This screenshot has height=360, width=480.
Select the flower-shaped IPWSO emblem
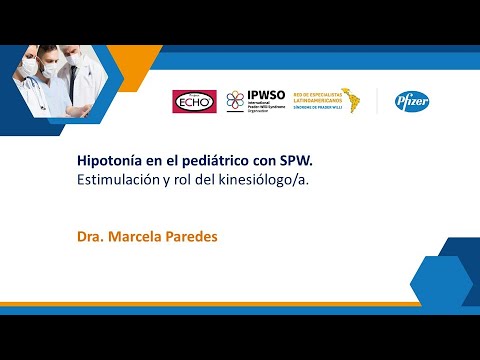pos(235,100)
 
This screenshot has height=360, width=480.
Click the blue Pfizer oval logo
pos(412,100)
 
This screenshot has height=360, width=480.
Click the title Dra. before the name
pos(90,238)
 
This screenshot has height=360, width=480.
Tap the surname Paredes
pos(192,238)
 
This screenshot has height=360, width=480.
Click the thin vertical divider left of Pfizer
pos(377,100)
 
